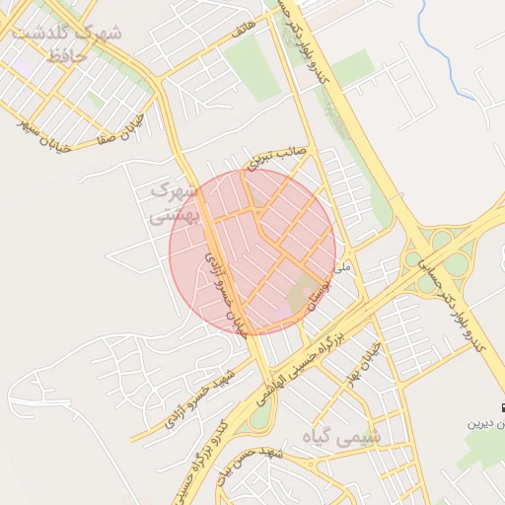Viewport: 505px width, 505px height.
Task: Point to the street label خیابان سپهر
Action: pyautogui.click(x=45, y=122)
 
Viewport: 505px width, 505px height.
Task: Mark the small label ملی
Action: pyautogui.click(x=343, y=267)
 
